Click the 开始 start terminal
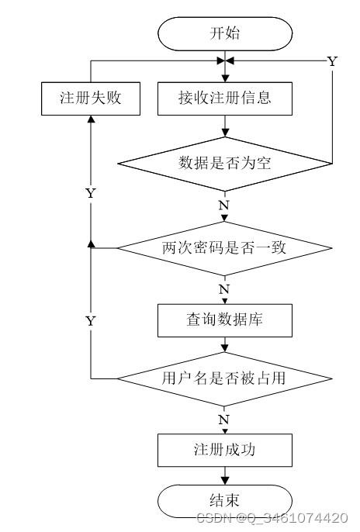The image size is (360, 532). click(225, 34)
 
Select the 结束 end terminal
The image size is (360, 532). click(225, 501)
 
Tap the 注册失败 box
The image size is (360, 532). click(91, 98)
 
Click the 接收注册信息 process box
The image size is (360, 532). click(225, 98)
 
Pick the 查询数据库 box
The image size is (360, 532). click(225, 320)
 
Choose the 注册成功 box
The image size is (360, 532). click(225, 450)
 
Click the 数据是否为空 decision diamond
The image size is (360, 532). click(225, 164)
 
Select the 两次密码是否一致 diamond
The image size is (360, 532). click(225, 248)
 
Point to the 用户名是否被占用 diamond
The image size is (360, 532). click(225, 378)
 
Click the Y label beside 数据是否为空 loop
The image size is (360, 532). click(332, 61)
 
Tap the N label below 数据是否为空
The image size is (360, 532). click(224, 206)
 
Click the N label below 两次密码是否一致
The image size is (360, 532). click(224, 289)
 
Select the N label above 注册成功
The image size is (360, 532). click(224, 420)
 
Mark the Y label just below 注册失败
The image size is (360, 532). click(91, 193)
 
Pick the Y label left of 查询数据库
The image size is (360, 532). click(91, 320)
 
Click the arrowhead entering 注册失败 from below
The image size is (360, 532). click(91, 119)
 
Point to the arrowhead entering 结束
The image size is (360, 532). click(225, 481)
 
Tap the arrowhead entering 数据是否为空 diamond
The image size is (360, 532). click(225, 133)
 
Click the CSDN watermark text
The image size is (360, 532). click(272, 518)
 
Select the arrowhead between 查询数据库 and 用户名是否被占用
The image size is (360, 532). click(225, 348)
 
